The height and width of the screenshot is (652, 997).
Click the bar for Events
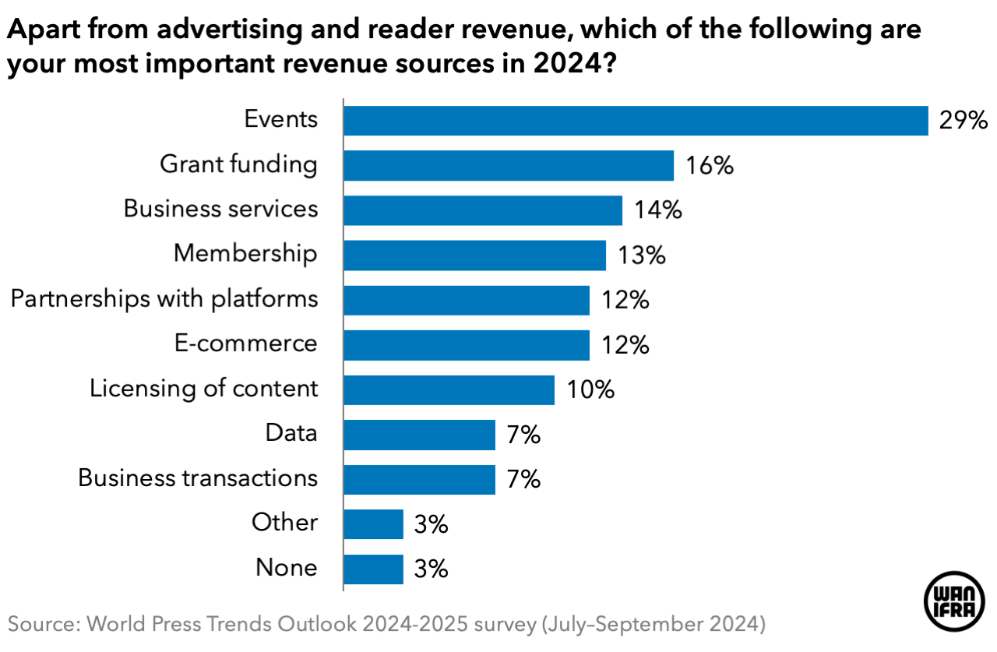click(x=636, y=121)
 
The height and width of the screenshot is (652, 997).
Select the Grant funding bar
click(x=509, y=166)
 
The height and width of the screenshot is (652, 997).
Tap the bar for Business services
click(x=483, y=210)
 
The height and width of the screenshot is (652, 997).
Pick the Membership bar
click(x=474, y=255)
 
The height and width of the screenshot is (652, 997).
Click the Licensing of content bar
click(x=449, y=389)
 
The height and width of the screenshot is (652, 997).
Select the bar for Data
click(x=419, y=435)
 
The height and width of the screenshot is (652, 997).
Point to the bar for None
click(x=373, y=569)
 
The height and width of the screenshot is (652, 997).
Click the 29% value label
click(x=964, y=121)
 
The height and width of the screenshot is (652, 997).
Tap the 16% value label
click(x=710, y=166)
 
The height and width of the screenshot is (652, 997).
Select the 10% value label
click(x=590, y=389)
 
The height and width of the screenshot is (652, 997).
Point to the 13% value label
click(x=642, y=255)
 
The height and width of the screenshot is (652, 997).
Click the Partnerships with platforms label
click(x=164, y=299)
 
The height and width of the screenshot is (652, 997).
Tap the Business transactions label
click(x=198, y=478)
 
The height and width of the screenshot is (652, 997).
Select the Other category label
click(x=284, y=522)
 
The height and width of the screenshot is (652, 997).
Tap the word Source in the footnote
click(x=42, y=624)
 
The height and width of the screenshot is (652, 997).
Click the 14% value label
click(x=658, y=210)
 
